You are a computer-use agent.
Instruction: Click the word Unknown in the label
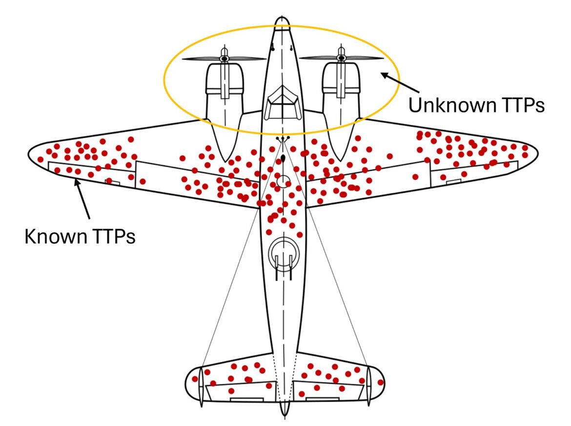pyautogui.click(x=450, y=105)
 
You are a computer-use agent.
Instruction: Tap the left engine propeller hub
pyautogui.click(x=224, y=59)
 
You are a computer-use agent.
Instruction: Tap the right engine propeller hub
pyautogui.click(x=341, y=59)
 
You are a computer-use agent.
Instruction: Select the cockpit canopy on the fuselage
pyautogui.click(x=283, y=101)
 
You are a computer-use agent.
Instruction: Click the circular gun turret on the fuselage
pyautogui.click(x=282, y=251)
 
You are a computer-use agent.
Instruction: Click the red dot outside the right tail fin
pyautogui.click(x=381, y=383)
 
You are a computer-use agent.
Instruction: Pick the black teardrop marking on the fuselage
pyautogui.click(x=283, y=159)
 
